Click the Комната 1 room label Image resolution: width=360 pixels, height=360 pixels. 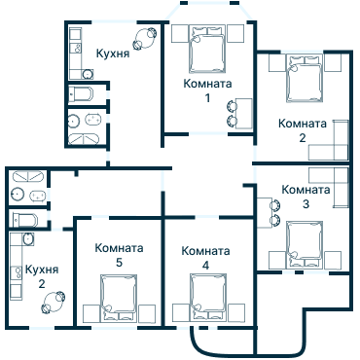tap(207, 90)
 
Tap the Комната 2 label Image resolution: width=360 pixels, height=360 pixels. tap(303, 129)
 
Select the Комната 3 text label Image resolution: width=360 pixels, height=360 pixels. tap(306, 197)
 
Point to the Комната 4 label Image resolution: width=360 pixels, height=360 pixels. tap(205, 257)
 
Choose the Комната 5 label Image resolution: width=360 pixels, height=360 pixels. tap(119, 255)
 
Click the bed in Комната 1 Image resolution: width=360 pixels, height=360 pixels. tap(206, 49)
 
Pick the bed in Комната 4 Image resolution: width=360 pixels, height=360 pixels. tap(207, 297)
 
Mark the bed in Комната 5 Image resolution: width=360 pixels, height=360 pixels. tap(120, 297)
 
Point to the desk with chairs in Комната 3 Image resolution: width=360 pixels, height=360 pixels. tap(269, 211)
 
